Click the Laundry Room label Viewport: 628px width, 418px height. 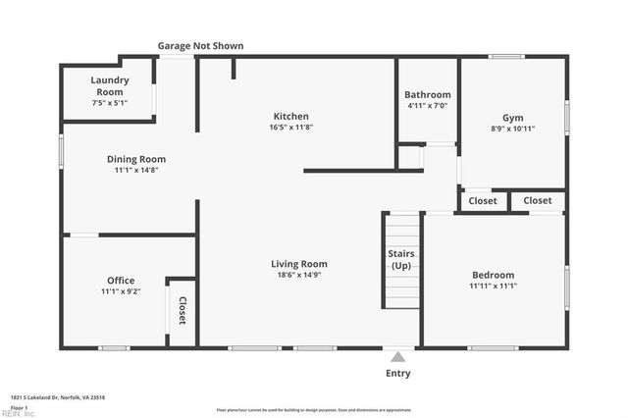pyautogui.click(x=107, y=85)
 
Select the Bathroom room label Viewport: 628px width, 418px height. pyautogui.click(x=428, y=95)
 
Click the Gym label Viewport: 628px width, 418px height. pyautogui.click(x=513, y=116)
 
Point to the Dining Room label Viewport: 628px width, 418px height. pyautogui.click(x=136, y=159)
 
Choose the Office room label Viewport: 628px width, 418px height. pyautogui.click(x=121, y=281)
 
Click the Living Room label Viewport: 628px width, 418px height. pyautogui.click(x=299, y=264)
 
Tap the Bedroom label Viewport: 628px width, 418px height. pyautogui.click(x=493, y=276)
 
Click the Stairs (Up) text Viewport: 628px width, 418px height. pyautogui.click(x=400, y=260)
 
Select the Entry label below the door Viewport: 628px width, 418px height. pyautogui.click(x=398, y=373)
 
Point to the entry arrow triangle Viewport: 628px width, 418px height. pyautogui.click(x=398, y=355)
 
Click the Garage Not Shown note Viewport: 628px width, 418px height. pyautogui.click(x=201, y=46)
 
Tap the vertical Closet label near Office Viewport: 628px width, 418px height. pyautogui.click(x=183, y=310)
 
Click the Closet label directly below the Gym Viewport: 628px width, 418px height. pyautogui.click(x=483, y=201)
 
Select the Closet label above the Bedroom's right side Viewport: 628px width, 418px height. pyautogui.click(x=537, y=201)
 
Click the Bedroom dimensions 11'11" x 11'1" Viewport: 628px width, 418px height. pyautogui.click(x=493, y=287)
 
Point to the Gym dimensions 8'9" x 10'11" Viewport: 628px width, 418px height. pyautogui.click(x=513, y=129)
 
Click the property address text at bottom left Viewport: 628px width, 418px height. pyautogui.click(x=58, y=397)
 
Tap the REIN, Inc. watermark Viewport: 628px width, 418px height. pyautogui.click(x=18, y=412)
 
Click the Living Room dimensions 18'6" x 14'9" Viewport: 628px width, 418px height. pyautogui.click(x=299, y=276)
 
